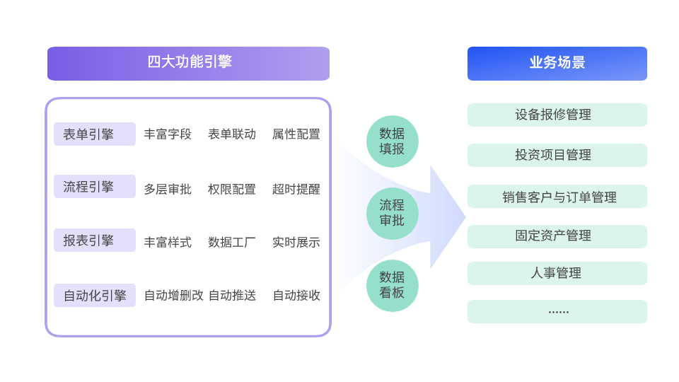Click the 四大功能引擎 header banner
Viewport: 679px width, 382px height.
(188, 63)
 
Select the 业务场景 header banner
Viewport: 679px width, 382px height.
(557, 63)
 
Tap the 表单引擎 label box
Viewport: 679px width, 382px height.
(95, 134)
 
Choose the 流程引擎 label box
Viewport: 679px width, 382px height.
(95, 187)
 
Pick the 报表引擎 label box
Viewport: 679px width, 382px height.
(95, 241)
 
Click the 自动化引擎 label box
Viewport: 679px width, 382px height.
(95, 295)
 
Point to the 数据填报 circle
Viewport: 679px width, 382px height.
(392, 141)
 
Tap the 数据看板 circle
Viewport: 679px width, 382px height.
(392, 284)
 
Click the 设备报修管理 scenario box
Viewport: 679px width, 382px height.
(557, 115)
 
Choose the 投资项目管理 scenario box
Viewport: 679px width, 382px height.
(557, 155)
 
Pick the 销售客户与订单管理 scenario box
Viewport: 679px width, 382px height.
(557, 196)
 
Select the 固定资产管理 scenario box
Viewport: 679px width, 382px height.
(557, 236)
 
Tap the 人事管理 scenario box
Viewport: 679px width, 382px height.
(557, 273)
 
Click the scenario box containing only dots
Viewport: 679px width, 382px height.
(557, 311)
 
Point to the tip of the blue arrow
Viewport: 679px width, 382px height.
(464, 216)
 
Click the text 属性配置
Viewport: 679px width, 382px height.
(296, 134)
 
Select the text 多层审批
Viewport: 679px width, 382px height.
(168, 189)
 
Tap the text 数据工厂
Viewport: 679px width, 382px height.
(231, 242)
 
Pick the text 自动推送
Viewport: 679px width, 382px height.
(231, 296)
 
